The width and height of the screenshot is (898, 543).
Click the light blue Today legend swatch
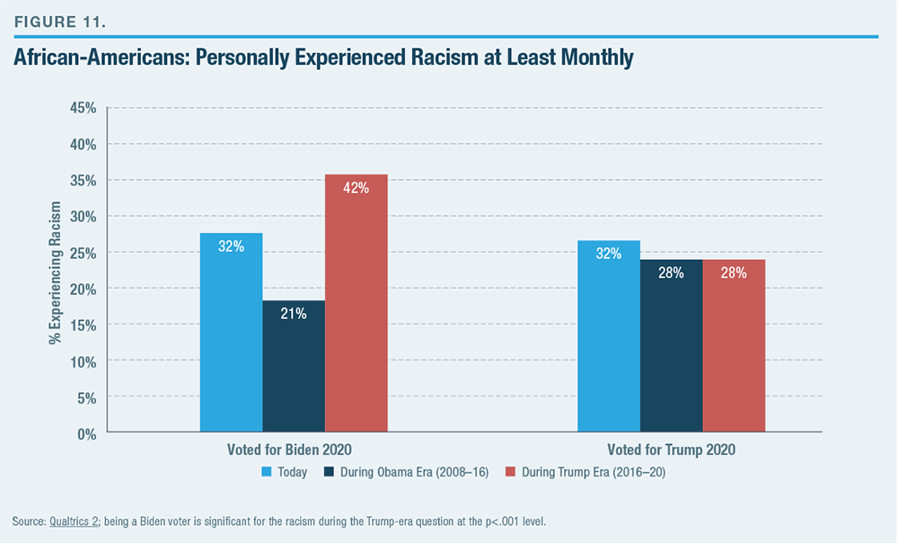click(x=266, y=472)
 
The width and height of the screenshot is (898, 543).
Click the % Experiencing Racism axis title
click(x=55, y=270)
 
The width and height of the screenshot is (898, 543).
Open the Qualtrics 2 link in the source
click(x=78, y=521)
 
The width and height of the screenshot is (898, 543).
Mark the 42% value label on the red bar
click(x=356, y=189)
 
